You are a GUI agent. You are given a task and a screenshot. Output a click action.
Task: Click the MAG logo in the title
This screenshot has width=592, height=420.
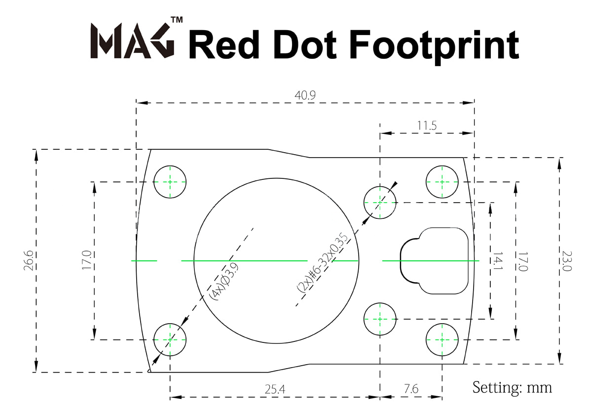[132, 43]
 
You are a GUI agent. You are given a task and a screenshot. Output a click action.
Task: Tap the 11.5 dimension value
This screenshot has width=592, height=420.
[427, 125]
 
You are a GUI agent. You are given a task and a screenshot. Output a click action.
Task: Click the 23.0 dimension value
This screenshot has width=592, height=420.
[566, 261]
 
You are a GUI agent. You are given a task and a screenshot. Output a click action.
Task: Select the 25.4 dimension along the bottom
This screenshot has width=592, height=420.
[275, 389]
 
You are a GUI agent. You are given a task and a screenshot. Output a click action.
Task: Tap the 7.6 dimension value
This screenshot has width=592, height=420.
[410, 389]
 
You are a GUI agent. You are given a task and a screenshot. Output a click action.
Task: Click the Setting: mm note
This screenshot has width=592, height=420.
[512, 387]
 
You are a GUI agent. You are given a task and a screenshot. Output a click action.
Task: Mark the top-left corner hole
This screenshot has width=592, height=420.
[170, 182]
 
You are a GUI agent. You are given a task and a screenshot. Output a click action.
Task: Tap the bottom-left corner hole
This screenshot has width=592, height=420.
[170, 339]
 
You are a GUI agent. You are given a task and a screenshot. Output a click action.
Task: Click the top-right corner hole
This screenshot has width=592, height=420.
[442, 182]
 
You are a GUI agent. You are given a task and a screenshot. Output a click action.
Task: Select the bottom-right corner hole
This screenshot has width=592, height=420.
[442, 339]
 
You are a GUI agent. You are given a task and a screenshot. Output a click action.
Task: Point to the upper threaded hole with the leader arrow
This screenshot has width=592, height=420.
[380, 202]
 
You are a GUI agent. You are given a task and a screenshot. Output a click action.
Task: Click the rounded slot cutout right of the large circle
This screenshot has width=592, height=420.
[434, 260]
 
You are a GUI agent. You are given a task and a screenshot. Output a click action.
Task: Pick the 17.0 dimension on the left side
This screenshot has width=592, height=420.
[87, 260]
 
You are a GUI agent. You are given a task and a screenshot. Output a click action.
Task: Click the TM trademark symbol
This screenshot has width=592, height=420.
[176, 20]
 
